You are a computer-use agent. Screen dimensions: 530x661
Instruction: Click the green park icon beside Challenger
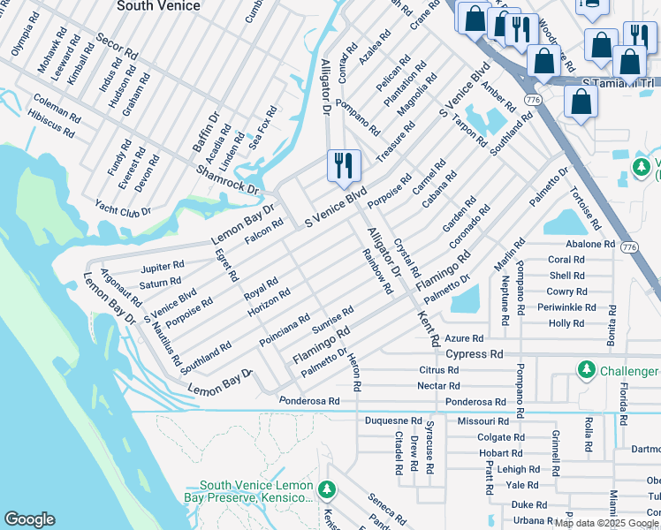click(x=584, y=370)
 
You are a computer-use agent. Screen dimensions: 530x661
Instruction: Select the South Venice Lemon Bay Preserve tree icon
click(x=327, y=489)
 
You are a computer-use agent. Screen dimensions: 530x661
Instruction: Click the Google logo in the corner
click(x=29, y=519)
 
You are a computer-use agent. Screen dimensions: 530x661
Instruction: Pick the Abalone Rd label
click(x=590, y=244)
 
